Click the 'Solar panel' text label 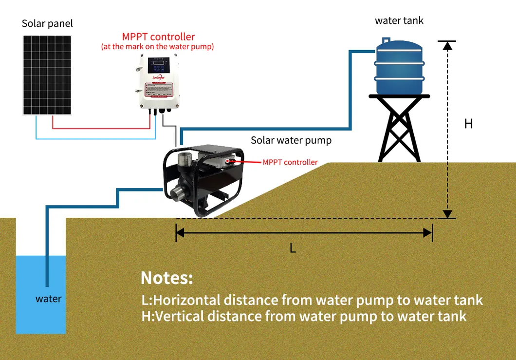click(x=47, y=24)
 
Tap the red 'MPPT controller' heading click(x=158, y=37)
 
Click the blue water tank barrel click(x=399, y=68)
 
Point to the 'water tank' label click(x=399, y=20)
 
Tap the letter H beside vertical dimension click(x=468, y=124)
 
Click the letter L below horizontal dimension click(x=293, y=248)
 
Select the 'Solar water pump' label click(x=291, y=140)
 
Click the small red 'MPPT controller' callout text click(x=290, y=162)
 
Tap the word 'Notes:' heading click(x=167, y=278)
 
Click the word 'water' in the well click(x=49, y=299)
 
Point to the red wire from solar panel click(x=97, y=129)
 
